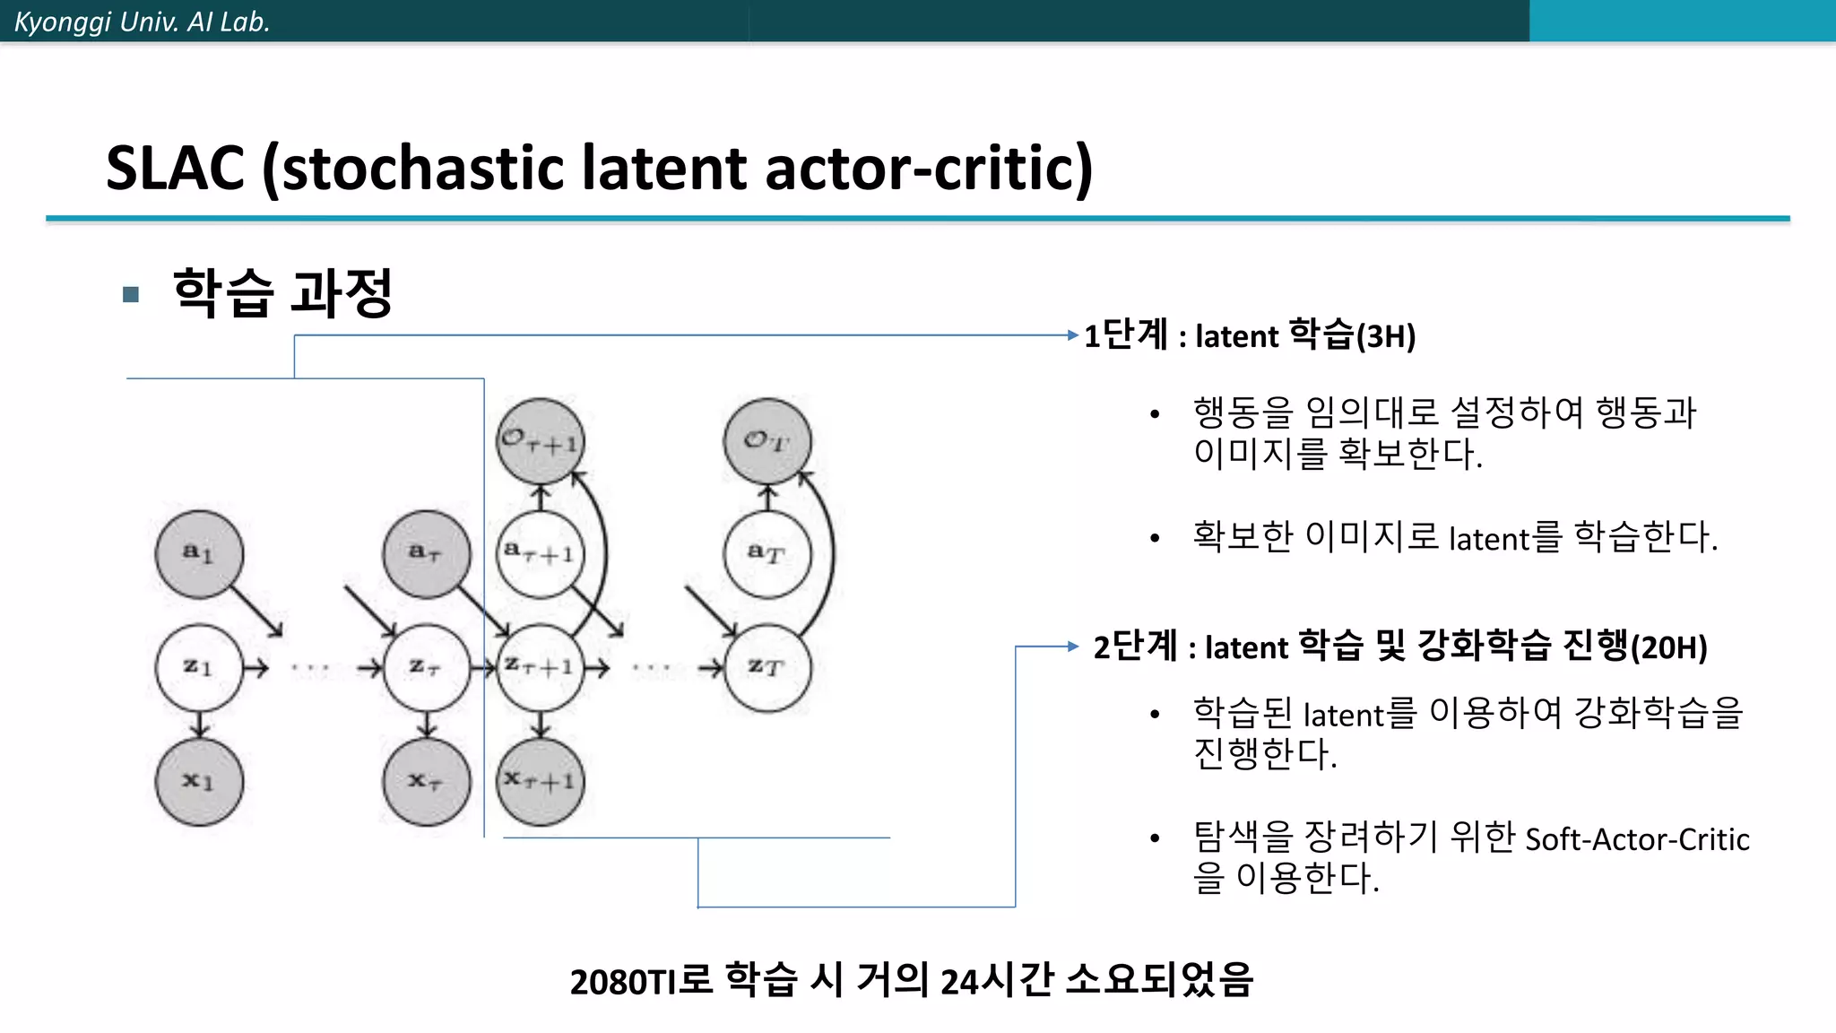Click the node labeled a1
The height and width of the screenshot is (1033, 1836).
[199, 553]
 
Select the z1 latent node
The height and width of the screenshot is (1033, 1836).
[199, 667]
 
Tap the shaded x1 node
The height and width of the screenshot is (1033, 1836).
[199, 781]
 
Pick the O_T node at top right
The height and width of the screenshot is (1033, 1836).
[767, 441]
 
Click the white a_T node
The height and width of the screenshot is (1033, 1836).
[767, 553]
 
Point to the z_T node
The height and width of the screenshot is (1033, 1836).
[767, 667]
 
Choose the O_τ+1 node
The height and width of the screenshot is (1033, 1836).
[541, 441]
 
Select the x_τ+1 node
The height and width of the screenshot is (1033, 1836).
[541, 781]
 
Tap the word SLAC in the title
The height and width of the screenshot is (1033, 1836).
[176, 168]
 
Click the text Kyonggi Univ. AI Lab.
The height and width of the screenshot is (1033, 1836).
[142, 22]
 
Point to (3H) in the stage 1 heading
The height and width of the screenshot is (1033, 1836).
[1386, 336]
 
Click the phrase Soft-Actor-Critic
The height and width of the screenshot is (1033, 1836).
[1637, 839]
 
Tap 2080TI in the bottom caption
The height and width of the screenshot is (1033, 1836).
[622, 982]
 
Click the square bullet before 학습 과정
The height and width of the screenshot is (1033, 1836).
[131, 294]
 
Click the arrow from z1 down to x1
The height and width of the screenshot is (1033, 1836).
[199, 724]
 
